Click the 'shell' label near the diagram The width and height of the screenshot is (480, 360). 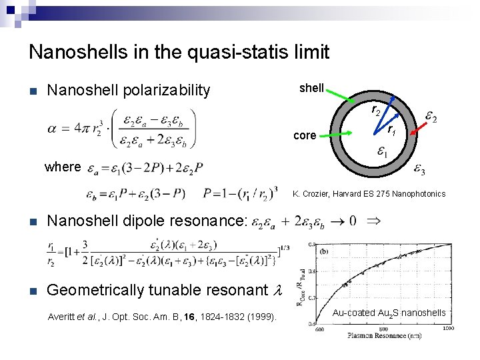(311, 89)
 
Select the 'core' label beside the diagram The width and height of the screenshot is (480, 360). (305, 135)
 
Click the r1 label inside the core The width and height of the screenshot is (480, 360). (393, 130)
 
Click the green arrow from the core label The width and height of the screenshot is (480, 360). (338, 133)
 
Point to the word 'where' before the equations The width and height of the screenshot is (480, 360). (63, 167)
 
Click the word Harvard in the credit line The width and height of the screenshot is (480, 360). (357, 194)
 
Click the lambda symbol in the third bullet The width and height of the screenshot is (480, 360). (279, 290)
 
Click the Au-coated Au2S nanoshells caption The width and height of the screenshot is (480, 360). (389, 313)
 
